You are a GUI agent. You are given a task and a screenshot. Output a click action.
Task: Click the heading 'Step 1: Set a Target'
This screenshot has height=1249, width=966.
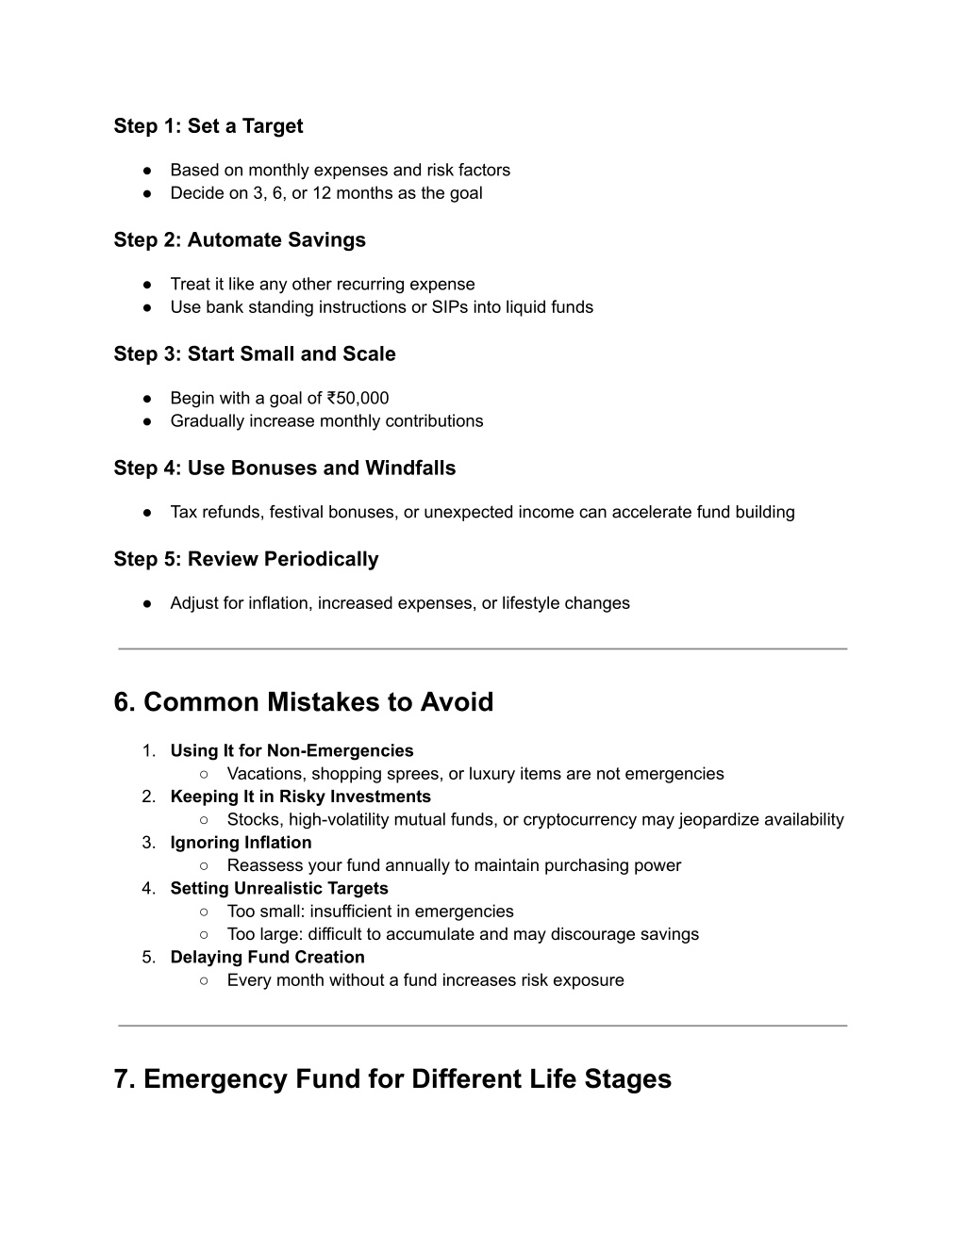click(208, 126)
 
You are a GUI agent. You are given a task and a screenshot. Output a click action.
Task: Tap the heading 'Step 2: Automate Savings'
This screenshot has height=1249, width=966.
click(240, 240)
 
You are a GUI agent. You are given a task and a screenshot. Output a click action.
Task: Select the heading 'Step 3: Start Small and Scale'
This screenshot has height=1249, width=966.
click(255, 354)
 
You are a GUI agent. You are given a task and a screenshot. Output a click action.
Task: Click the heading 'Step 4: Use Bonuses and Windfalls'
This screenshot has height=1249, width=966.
click(285, 468)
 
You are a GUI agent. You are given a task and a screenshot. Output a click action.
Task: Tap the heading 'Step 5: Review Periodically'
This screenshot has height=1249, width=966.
click(246, 560)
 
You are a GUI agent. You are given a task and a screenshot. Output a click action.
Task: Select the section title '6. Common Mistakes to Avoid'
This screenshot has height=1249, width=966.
click(304, 702)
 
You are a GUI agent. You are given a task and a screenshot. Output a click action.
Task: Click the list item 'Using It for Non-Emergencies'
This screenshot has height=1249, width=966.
click(291, 751)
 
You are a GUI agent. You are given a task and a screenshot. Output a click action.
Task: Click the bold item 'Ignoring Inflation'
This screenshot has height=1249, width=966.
click(241, 843)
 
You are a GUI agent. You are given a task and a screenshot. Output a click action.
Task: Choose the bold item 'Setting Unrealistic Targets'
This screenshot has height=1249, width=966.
click(279, 889)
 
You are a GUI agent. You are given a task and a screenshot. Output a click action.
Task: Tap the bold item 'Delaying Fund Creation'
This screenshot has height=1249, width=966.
click(267, 958)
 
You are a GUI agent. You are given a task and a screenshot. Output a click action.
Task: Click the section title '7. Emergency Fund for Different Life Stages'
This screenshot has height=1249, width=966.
click(392, 1079)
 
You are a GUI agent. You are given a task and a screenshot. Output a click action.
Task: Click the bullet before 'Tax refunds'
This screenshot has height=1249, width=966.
click(149, 513)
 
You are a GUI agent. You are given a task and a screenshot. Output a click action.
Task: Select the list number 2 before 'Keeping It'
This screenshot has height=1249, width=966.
click(148, 797)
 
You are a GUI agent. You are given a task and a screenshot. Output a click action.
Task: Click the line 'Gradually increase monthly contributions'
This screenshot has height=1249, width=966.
click(326, 421)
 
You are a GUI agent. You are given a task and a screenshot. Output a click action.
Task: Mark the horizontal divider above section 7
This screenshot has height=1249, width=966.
click(483, 1026)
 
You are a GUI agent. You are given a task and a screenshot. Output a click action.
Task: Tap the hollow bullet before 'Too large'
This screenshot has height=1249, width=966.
click(205, 935)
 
